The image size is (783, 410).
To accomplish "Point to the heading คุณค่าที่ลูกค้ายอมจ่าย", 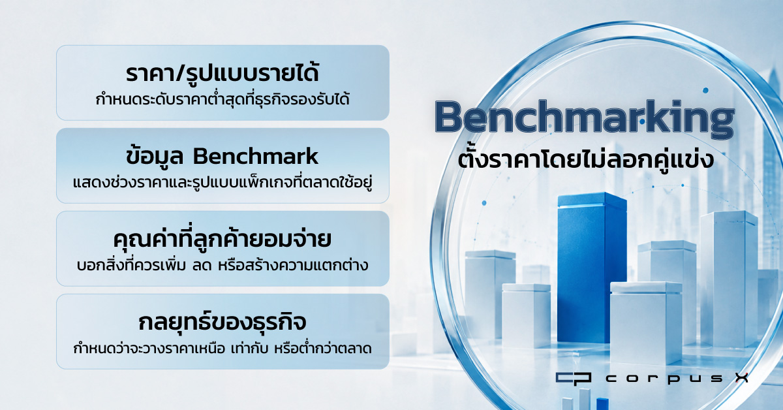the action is point(223,240).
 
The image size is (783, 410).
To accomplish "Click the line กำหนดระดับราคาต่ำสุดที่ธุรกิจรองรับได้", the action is point(223,99).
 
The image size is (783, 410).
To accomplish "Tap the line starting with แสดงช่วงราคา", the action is point(223,182).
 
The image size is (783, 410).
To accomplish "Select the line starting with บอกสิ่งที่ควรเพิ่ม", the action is point(223,265).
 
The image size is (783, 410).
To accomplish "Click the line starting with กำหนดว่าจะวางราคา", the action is point(223,348).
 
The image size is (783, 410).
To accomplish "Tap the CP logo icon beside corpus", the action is point(574,379).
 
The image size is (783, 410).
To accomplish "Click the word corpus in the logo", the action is point(664,379).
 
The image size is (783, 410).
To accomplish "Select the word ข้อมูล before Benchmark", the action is point(155,157).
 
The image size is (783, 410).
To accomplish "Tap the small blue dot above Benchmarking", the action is point(705,90).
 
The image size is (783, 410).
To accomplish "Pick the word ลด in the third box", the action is point(202,266).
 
